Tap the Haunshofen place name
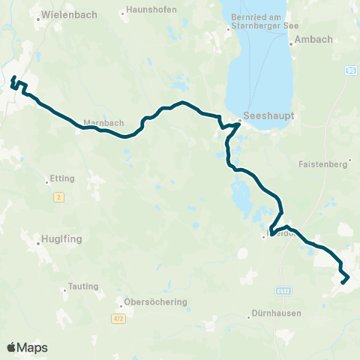click(x=150, y=13)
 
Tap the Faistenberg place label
click(x=325, y=163)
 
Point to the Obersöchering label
click(x=157, y=302)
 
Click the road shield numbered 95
click(x=350, y=70)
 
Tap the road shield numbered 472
click(x=118, y=319)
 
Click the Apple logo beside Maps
click(x=11, y=347)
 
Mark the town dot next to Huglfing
click(x=38, y=243)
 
